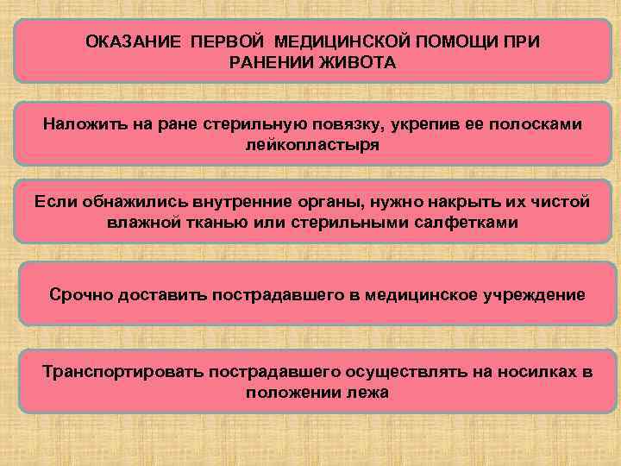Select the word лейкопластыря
[x=312, y=146]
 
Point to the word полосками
[x=540, y=125]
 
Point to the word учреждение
[x=535, y=295]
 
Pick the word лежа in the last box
[x=367, y=393]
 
